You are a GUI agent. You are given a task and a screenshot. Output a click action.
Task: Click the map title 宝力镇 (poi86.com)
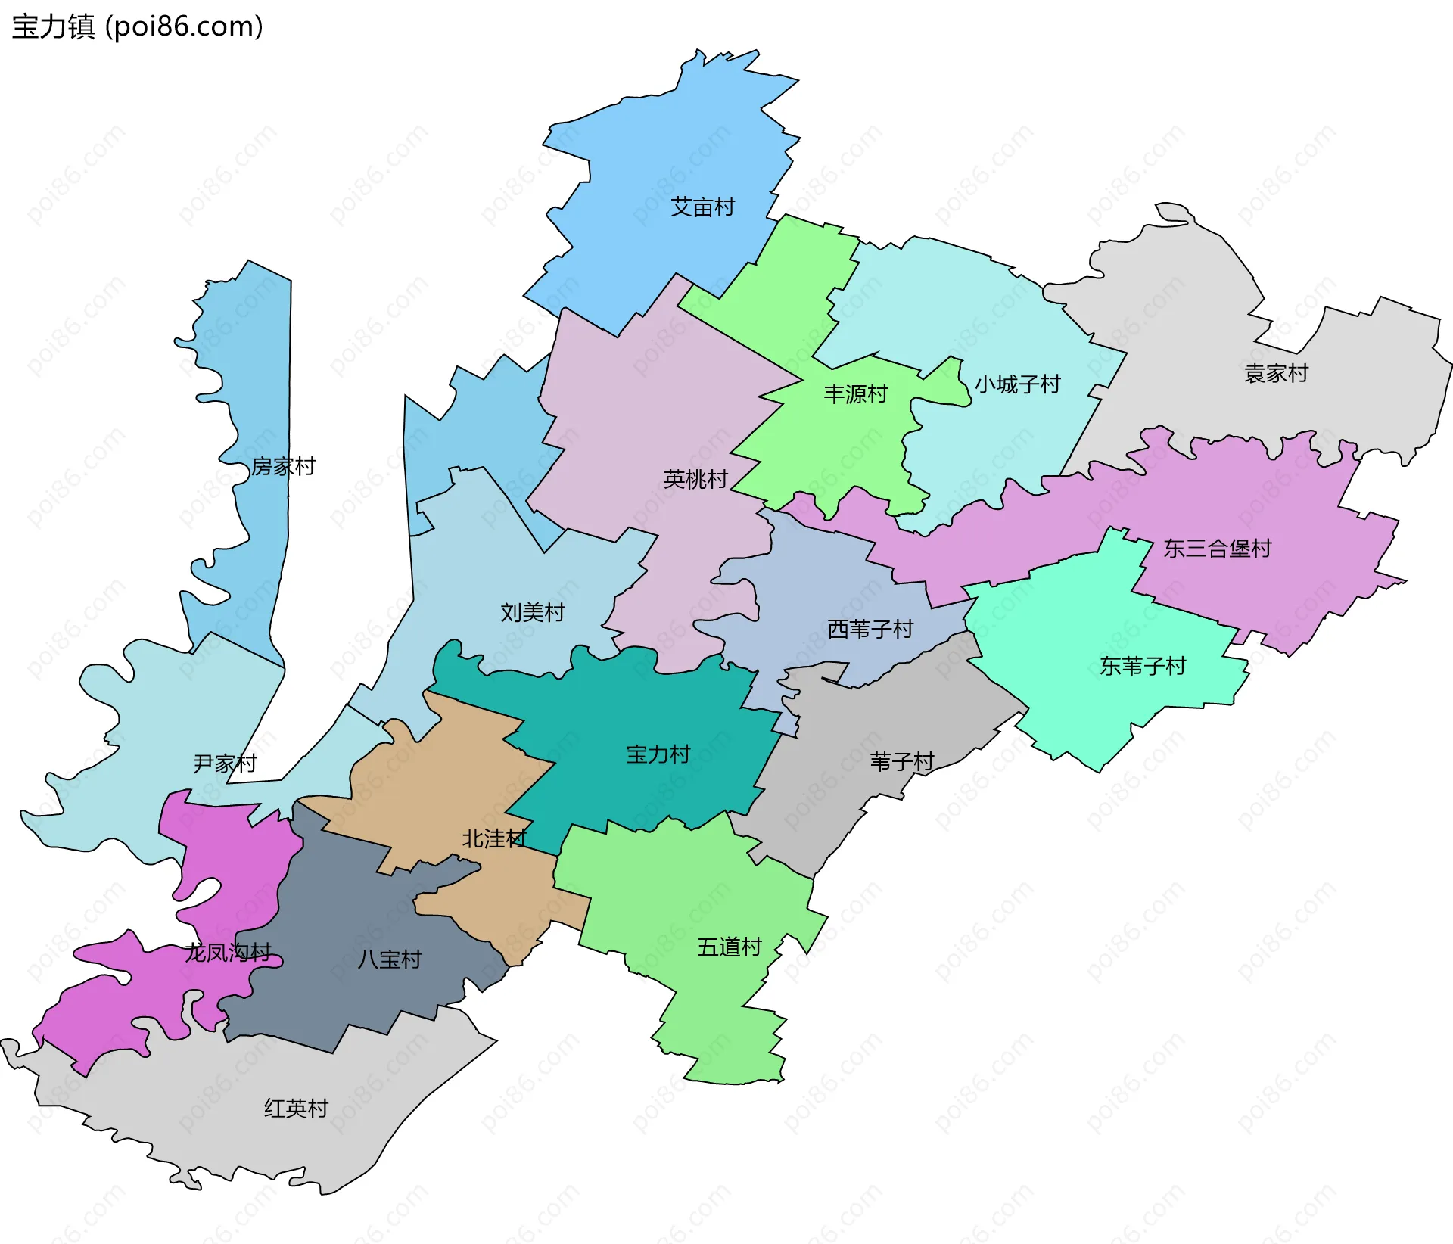pyautogui.click(x=137, y=26)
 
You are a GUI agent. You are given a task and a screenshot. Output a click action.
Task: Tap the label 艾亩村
pyautogui.click(x=702, y=207)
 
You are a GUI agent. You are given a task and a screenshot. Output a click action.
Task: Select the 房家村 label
pyautogui.click(x=283, y=466)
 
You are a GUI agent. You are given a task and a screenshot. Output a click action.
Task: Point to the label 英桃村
pyautogui.click(x=695, y=479)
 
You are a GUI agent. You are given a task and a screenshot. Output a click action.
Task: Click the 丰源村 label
pyautogui.click(x=855, y=393)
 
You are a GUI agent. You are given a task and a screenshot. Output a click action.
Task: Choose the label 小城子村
pyautogui.click(x=1017, y=384)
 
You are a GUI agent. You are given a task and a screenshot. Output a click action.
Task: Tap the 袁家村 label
pyautogui.click(x=1276, y=373)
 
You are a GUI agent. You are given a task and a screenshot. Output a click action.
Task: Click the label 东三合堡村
pyautogui.click(x=1217, y=549)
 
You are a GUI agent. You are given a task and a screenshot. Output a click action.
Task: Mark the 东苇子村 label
pyautogui.click(x=1142, y=666)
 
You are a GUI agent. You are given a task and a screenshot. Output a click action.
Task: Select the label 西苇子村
pyautogui.click(x=870, y=629)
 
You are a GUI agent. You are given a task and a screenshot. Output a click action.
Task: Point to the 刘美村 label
pyautogui.click(x=533, y=612)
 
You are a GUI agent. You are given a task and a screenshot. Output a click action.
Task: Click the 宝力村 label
pyautogui.click(x=658, y=754)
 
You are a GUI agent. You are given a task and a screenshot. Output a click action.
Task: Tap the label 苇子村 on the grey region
pyautogui.click(x=901, y=761)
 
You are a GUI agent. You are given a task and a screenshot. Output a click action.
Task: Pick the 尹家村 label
pyautogui.click(x=225, y=763)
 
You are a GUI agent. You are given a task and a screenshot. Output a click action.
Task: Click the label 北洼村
pyautogui.click(x=494, y=838)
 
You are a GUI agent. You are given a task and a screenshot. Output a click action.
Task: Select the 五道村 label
pyautogui.click(x=729, y=947)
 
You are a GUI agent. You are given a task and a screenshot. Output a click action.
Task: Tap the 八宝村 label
pyautogui.click(x=389, y=959)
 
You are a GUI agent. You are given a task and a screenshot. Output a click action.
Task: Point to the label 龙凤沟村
pyautogui.click(x=228, y=952)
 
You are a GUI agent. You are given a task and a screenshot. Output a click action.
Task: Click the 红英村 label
pyautogui.click(x=296, y=1108)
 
